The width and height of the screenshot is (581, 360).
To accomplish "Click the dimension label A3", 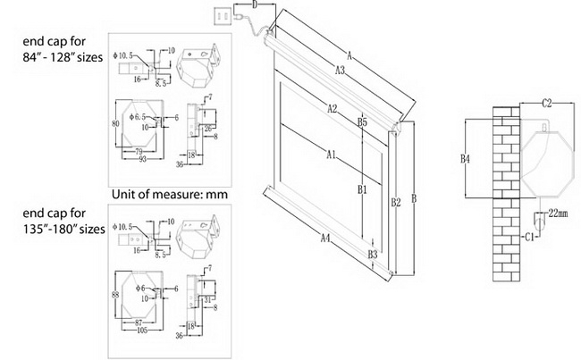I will coord(341,69).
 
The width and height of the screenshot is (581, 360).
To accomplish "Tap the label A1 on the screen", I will coord(331,155).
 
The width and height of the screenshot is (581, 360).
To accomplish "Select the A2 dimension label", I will coord(333,109).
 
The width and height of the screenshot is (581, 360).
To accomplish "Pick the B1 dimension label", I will coord(362,189).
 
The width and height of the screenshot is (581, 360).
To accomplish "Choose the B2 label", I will coord(395,203).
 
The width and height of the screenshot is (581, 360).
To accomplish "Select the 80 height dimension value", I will coord(114,123).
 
